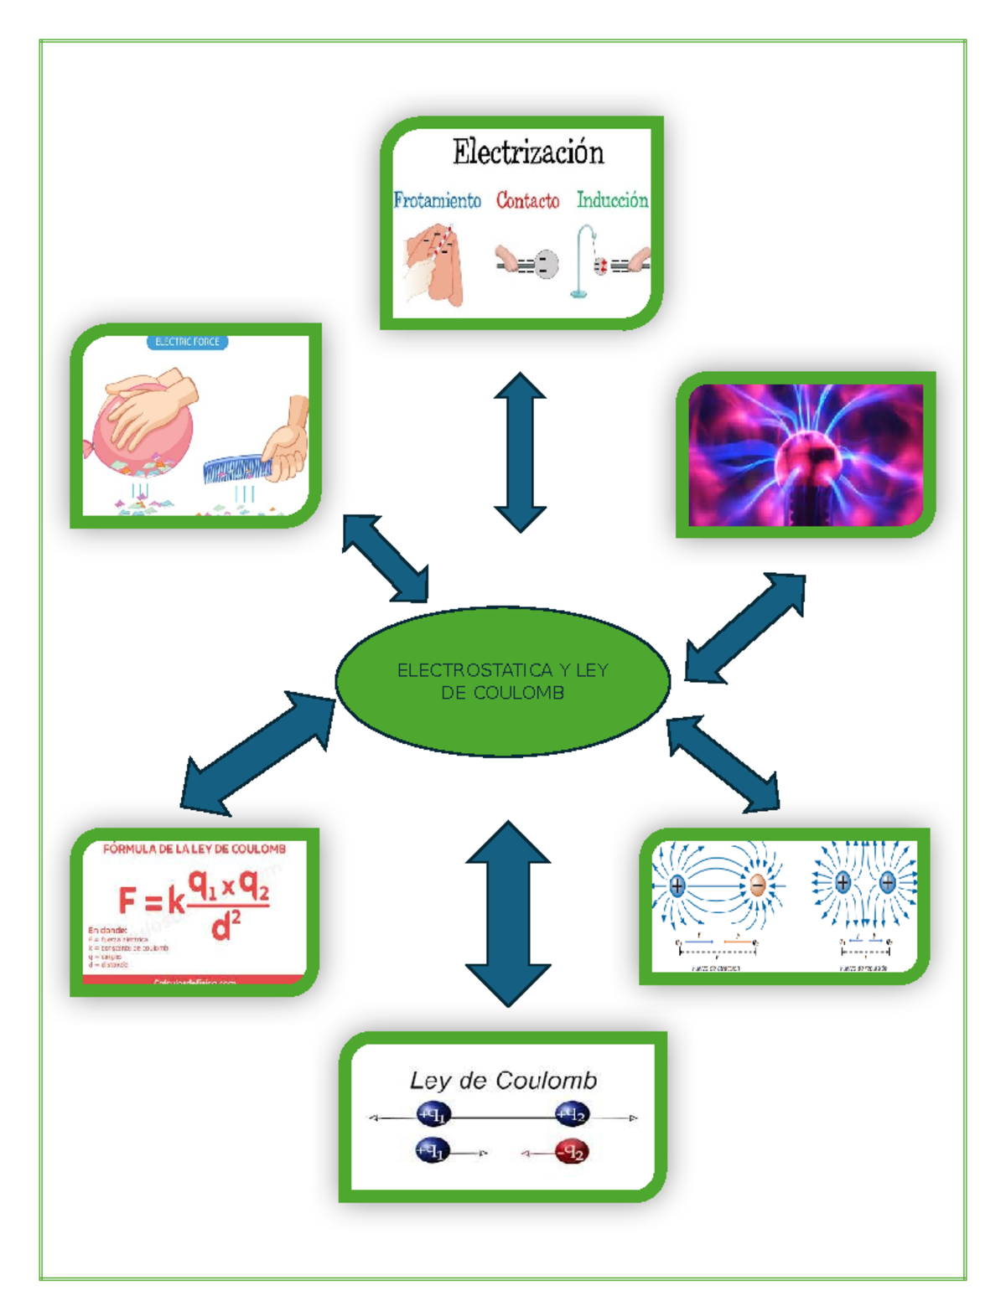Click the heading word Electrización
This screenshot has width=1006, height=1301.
[528, 152]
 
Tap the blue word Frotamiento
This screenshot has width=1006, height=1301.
[438, 200]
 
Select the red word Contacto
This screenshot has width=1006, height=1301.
[527, 200]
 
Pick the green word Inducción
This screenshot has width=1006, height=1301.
[612, 199]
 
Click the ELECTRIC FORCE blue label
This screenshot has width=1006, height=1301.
[187, 342]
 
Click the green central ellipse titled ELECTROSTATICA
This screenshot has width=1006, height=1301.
[503, 681]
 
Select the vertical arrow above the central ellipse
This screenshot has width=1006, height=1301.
[520, 452]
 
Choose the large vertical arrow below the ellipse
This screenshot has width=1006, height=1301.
[508, 913]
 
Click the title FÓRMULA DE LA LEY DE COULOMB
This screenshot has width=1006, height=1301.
[194, 849]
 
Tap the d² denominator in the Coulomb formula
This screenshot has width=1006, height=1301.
[226, 925]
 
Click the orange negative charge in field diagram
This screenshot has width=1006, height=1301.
[758, 885]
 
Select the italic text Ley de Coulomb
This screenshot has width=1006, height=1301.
[503, 1081]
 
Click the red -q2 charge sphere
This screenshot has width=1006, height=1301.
[573, 1153]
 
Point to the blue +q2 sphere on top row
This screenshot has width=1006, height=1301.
[572, 1114]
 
